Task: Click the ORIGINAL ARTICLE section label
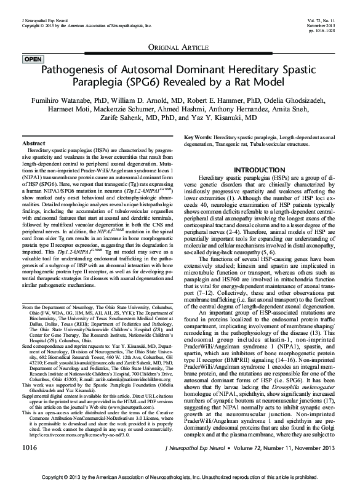click(x=180, y=47)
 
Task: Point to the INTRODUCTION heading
click(x=260, y=169)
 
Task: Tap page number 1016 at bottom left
click(x=28, y=459)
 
